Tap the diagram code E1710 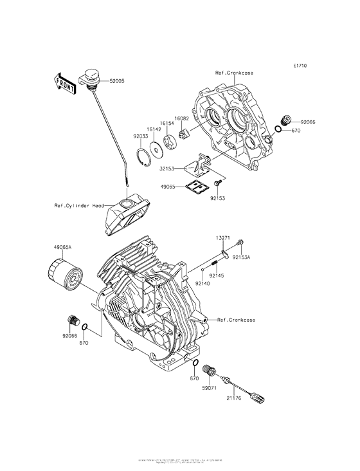pyautogui.click(x=300, y=66)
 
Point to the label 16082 pyautogui.click(x=183, y=119)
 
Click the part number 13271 pyautogui.click(x=222, y=237)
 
